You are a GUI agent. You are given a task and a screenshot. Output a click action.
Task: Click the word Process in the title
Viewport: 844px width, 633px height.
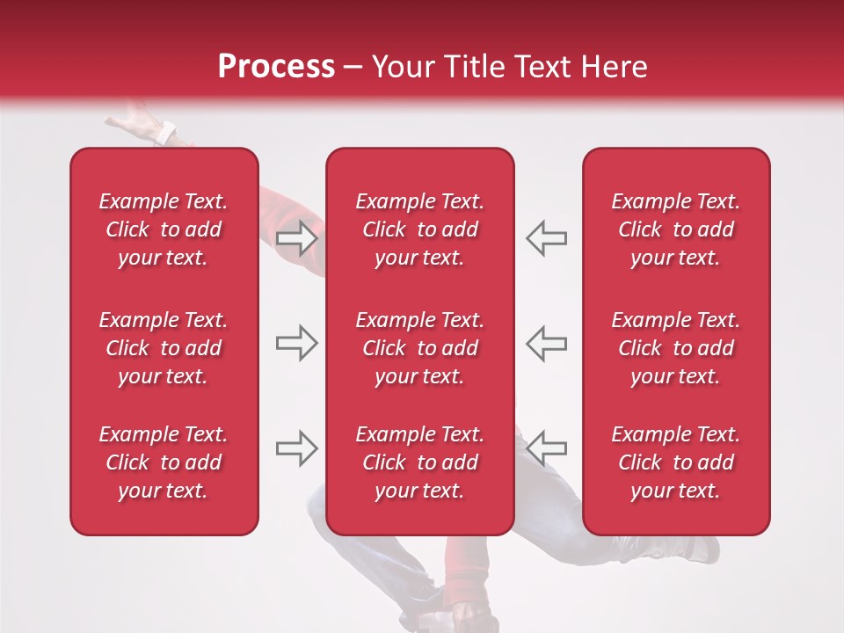point(276,67)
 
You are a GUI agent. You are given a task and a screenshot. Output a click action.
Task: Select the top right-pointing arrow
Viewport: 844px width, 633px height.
point(296,238)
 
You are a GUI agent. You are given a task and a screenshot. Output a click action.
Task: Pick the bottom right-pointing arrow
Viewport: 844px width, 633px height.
point(296,447)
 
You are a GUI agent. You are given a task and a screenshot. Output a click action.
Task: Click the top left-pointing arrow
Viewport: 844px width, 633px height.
point(547,238)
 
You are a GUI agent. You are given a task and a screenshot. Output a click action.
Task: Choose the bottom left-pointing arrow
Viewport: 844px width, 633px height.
point(547,447)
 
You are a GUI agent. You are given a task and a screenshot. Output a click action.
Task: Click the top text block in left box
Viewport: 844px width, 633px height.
point(164,229)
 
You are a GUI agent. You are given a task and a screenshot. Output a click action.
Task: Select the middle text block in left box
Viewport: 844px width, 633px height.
point(164,348)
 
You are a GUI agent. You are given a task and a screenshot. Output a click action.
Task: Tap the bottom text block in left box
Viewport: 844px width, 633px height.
point(164,462)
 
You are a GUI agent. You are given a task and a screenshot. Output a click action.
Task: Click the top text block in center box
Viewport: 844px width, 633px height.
point(419,229)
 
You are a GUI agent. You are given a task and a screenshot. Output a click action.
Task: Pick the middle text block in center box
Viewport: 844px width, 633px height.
point(419,348)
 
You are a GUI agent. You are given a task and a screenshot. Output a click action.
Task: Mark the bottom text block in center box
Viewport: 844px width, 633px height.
point(419,462)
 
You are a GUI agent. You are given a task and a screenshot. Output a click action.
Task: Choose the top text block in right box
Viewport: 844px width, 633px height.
point(675,229)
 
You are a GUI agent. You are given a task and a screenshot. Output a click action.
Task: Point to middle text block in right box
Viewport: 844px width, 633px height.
point(675,348)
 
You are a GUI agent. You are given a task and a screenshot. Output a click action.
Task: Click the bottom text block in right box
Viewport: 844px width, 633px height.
point(675,462)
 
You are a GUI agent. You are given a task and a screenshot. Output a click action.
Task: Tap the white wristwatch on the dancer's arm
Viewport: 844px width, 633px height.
point(165,135)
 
